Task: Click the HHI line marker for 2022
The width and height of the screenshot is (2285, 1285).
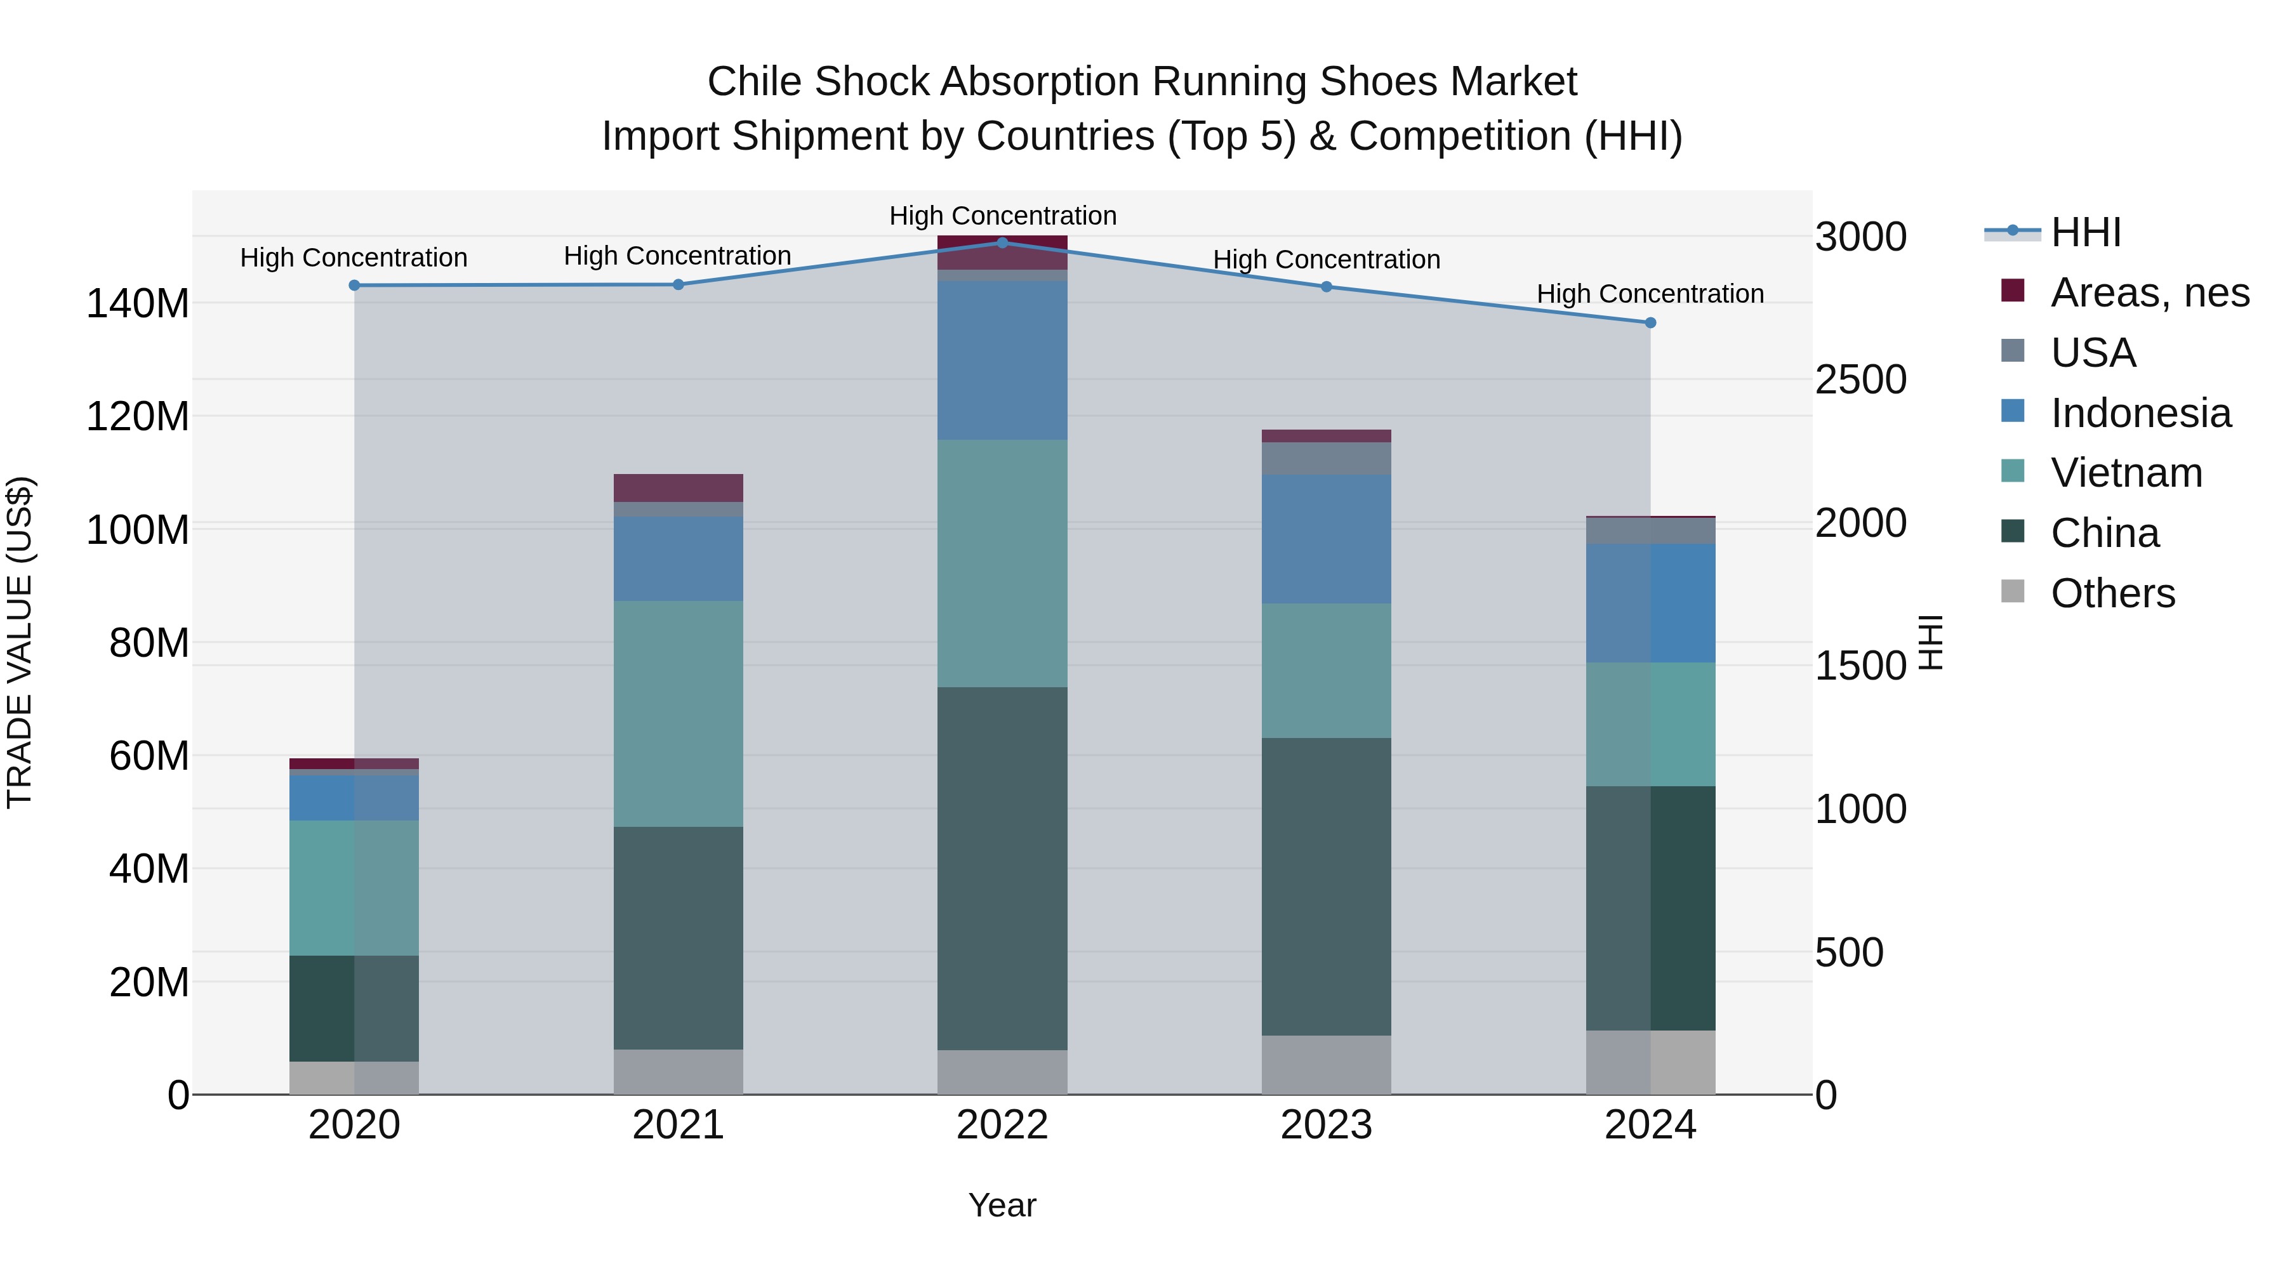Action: click(1002, 242)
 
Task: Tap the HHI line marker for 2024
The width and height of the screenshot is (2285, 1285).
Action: click(1650, 323)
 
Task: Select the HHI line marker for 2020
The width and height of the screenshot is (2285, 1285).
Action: click(354, 286)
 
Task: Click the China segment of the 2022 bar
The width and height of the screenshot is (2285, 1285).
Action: click(1002, 869)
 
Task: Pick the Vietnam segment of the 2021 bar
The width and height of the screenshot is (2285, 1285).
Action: click(678, 714)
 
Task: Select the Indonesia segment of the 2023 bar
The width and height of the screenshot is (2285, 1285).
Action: click(1326, 539)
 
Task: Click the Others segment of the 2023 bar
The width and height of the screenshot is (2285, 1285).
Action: click(1326, 1065)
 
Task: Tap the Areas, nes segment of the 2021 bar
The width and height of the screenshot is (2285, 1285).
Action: click(678, 488)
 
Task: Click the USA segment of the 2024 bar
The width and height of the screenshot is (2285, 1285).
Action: click(1650, 530)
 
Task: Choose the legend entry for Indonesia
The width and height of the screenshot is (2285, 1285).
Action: click(2140, 413)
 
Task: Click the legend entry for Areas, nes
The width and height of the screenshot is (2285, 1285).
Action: click(2149, 293)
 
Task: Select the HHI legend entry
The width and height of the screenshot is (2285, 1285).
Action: click(2084, 232)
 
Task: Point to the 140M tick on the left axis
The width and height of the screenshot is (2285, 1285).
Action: click(138, 304)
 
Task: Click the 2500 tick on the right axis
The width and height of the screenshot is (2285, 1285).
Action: click(1861, 379)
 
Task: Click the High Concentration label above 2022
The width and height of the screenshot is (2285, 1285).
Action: click(1002, 216)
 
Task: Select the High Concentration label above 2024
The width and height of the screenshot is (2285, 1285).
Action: click(1650, 294)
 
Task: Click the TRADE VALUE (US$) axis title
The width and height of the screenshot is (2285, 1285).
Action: click(20, 642)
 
